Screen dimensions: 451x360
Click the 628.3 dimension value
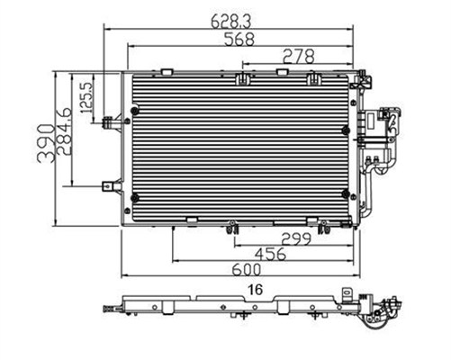[230, 21]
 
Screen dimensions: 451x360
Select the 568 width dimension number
[239, 39]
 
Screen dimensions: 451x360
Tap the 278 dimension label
[299, 57]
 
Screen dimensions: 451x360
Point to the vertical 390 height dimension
[46, 143]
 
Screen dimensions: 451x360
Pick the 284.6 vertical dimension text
[63, 130]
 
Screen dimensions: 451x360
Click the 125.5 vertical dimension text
[87, 97]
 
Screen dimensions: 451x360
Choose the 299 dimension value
[296, 238]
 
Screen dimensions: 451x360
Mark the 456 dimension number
[271, 254]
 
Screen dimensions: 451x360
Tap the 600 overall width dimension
[247, 270]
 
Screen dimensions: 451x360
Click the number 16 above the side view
[256, 290]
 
